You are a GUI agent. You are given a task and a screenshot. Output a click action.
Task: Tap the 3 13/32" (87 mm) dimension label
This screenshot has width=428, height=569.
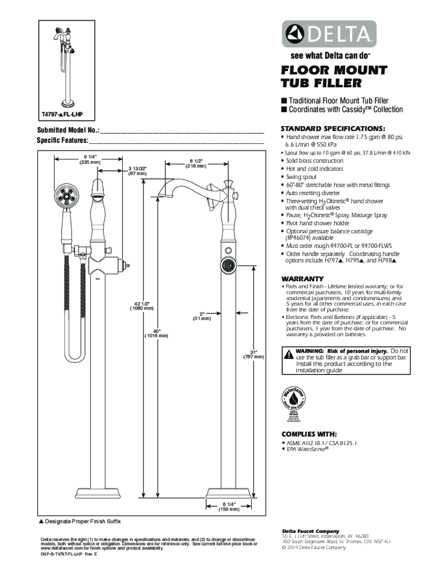click(x=137, y=171)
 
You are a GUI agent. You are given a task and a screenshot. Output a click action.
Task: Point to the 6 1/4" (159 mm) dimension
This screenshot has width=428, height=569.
click(x=228, y=506)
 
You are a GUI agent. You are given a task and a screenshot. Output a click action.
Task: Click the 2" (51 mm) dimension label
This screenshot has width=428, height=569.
click(x=202, y=316)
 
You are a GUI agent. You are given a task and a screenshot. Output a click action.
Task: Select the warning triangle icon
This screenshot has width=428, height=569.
click(x=288, y=354)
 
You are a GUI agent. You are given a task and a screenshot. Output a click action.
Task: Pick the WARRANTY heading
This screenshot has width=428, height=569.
click(x=302, y=278)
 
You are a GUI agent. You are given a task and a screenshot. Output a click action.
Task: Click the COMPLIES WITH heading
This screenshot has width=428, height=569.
click(x=309, y=433)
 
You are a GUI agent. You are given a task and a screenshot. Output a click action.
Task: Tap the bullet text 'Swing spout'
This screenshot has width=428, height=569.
click(x=301, y=177)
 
